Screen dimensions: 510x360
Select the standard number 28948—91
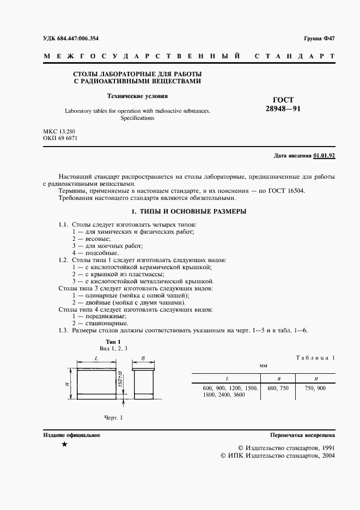tap(283, 109)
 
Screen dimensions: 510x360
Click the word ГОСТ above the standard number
tap(282, 100)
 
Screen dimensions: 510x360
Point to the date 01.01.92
tap(324, 156)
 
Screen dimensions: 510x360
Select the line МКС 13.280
tap(59, 131)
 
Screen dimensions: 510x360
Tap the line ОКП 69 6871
tap(60, 138)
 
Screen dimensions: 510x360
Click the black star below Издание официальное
tap(65, 445)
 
